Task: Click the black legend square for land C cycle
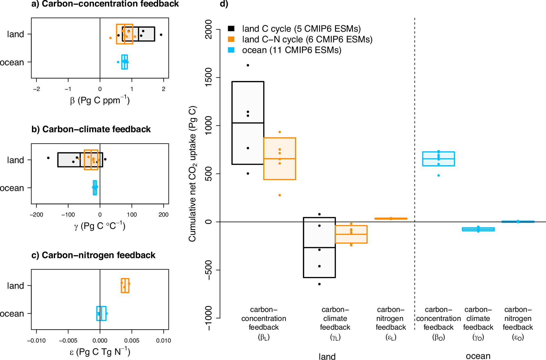point(231,28)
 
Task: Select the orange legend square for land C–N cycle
point(231,39)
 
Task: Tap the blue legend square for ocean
point(231,50)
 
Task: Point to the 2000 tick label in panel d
point(208,29)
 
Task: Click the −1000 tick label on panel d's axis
point(208,318)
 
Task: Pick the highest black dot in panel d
point(248,65)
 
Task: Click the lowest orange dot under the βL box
point(280,195)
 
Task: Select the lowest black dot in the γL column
point(319,284)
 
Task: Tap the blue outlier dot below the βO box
point(438,175)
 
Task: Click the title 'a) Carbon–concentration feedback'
point(105,4)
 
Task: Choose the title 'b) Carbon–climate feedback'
point(91,129)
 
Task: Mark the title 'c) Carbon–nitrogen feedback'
point(93,255)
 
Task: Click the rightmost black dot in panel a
point(161,35)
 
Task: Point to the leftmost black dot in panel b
point(48,158)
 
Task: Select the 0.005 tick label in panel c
point(132,341)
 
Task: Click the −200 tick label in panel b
point(36,215)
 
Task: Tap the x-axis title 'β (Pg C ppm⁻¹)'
point(100,100)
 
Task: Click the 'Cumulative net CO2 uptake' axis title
point(193,173)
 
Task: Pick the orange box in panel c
point(125,286)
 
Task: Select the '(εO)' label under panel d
point(518,338)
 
